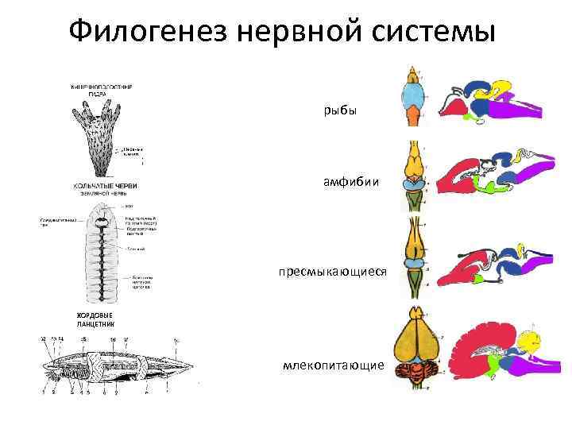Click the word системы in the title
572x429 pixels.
(432, 33)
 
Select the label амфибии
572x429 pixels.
(345, 184)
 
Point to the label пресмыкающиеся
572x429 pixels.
(332, 272)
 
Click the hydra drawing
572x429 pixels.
(99, 135)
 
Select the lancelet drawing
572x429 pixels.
(111, 365)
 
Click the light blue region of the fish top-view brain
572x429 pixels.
(412, 103)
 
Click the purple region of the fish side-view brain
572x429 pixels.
(532, 107)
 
